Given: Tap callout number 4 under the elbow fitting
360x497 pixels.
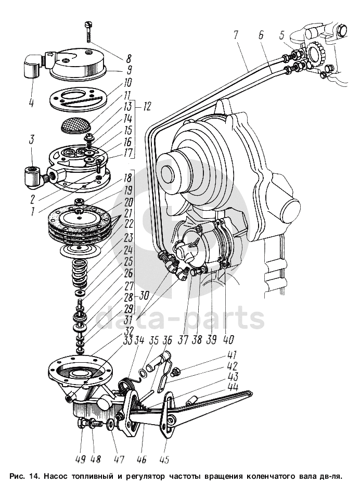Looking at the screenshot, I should (31, 101).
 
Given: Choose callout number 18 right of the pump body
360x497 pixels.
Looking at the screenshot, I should (127, 177).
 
